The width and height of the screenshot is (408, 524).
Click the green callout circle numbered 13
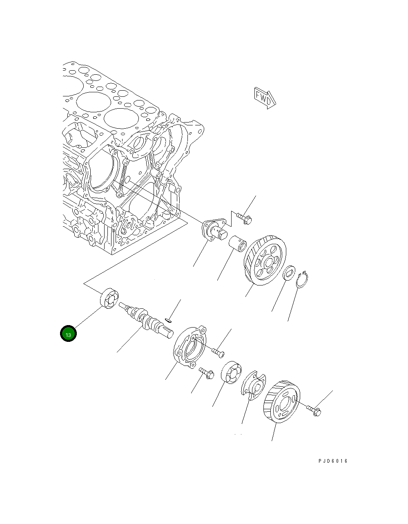[x=68, y=334]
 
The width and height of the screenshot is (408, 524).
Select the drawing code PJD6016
[x=333, y=461]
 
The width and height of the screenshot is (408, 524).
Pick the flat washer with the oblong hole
[x=289, y=273]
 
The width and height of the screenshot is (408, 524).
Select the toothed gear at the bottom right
[x=282, y=402]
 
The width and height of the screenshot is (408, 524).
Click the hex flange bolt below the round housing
[x=206, y=373]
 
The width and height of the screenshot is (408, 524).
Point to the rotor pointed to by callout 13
[x=109, y=299]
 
